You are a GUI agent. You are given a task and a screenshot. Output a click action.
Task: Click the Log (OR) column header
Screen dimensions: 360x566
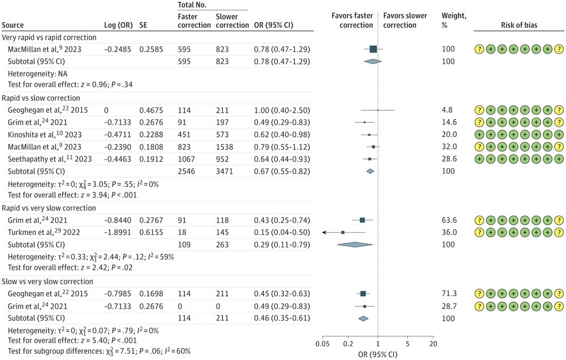coord(118,25)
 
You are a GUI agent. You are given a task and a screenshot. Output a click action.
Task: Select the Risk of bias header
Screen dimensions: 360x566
coord(519,25)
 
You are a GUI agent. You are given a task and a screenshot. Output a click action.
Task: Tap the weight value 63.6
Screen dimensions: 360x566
coord(449,220)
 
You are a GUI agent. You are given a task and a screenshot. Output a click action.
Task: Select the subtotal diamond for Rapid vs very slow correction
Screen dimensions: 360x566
coord(355,245)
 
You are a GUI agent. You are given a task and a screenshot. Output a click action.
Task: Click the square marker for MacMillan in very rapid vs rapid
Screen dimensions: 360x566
coord(373,49)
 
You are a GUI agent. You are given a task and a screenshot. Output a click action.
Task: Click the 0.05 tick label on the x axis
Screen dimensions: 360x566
coord(323,344)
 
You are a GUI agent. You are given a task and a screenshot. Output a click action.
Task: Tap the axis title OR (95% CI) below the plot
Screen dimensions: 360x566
coord(378,354)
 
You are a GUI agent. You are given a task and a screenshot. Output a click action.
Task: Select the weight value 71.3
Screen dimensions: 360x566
coord(449,293)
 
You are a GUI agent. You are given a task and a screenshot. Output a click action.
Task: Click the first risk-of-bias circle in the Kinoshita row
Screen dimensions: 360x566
coord(479,135)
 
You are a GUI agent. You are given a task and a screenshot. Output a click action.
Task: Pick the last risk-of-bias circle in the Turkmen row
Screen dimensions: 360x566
coord(559,232)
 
